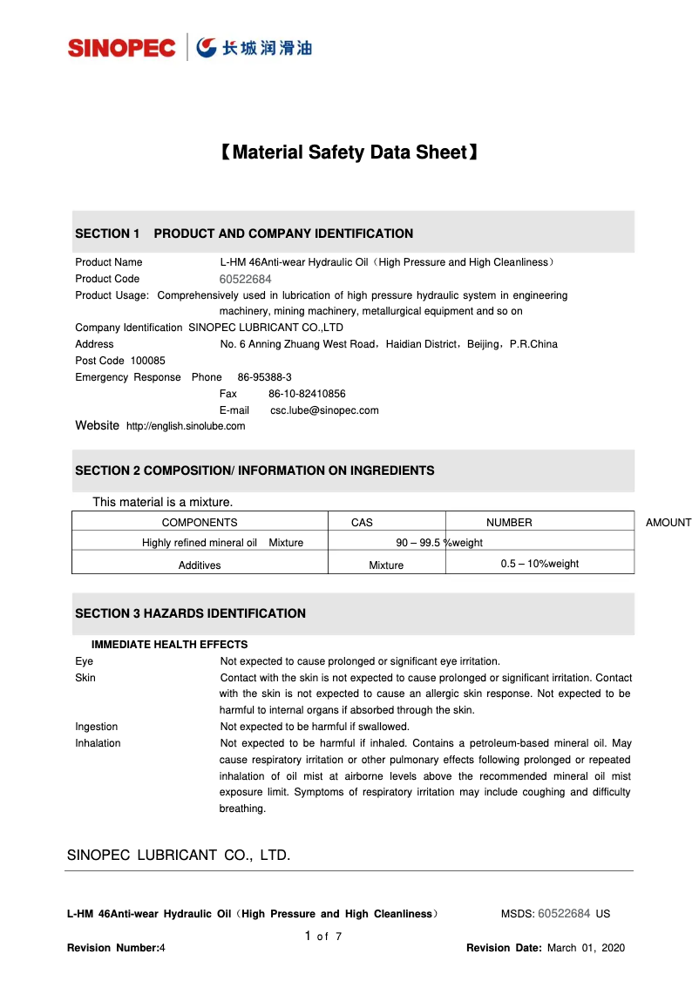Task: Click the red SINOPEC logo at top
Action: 122,47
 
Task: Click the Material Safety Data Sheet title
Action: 348,152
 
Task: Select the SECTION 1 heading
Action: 244,233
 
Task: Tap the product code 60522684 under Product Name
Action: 245,279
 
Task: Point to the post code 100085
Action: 147,361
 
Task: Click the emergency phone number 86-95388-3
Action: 264,377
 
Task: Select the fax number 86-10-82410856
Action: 307,394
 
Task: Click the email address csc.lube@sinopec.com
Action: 324,410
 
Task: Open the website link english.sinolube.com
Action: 186,426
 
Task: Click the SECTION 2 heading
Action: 254,470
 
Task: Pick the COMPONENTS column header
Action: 200,523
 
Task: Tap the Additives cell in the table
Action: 200,565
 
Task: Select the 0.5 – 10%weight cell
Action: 540,564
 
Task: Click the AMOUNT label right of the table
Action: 668,523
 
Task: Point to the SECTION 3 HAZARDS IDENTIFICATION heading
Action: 190,613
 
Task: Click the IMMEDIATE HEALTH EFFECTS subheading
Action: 169,645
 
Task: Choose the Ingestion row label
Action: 96,727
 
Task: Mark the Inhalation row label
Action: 98,743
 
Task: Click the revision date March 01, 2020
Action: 586,948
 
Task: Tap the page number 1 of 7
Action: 323,937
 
